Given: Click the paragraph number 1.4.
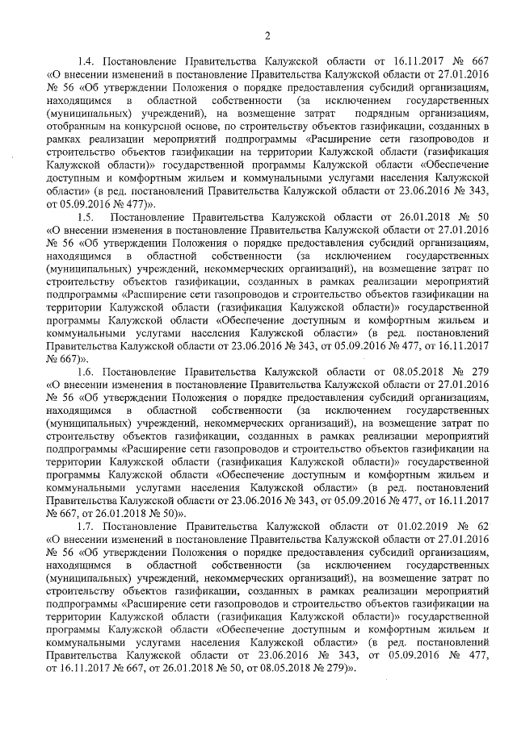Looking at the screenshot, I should [87, 60].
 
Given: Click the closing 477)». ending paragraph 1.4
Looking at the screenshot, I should [136, 206].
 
